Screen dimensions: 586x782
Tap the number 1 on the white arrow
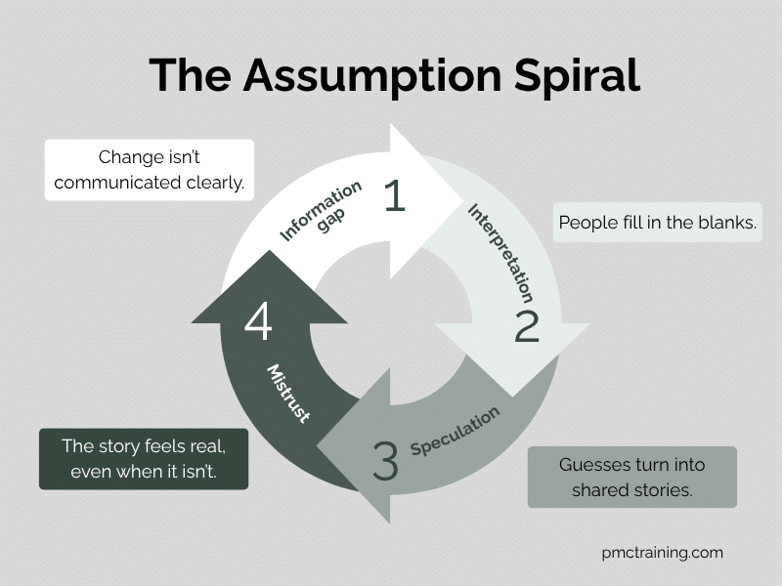coord(394,196)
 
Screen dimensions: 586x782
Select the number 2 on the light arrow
coord(527,326)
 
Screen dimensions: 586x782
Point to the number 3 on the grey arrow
coord(385,461)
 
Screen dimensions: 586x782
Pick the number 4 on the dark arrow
coord(258,322)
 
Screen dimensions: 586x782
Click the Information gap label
coord(324,212)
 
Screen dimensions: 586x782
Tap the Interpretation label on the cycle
coord(500,251)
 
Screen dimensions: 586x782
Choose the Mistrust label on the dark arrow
coord(289,394)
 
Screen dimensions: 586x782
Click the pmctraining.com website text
coord(663,553)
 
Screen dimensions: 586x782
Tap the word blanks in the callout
coord(728,223)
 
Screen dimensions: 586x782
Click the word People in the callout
coord(585,223)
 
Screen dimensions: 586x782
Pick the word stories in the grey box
coord(663,490)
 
